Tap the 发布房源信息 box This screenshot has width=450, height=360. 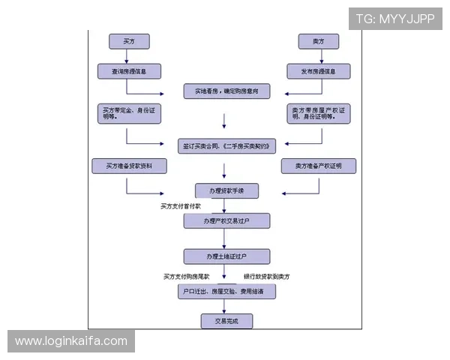(318, 72)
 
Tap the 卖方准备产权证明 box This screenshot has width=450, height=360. (318, 166)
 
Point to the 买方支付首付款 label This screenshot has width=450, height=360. (181, 205)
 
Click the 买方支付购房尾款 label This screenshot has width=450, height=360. (189, 277)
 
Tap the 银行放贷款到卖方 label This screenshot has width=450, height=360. (266, 277)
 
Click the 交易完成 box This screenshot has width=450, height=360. (226, 321)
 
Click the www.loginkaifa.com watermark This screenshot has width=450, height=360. (71, 341)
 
